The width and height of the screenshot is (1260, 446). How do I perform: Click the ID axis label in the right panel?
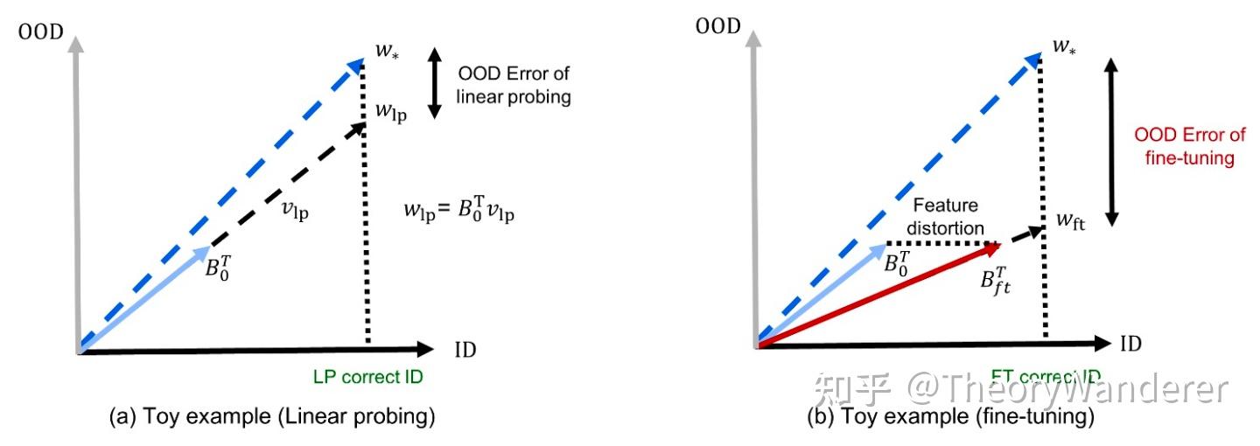[x=1131, y=344]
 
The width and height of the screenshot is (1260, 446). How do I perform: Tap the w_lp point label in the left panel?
[x=391, y=112]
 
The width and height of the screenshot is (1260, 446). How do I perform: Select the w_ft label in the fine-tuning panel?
[x=1069, y=223]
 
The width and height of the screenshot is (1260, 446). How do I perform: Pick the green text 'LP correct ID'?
[x=367, y=377]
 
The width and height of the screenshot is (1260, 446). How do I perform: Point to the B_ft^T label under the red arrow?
[x=994, y=282]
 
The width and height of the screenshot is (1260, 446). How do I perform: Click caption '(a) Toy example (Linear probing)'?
[x=271, y=417]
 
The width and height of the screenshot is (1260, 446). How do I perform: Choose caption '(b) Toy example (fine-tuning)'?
[x=950, y=417]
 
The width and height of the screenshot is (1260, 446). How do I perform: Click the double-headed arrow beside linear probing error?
[x=435, y=82]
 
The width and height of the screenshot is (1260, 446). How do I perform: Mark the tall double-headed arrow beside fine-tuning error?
[x=1110, y=143]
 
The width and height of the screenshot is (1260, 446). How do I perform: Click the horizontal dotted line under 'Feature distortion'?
[x=941, y=243]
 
